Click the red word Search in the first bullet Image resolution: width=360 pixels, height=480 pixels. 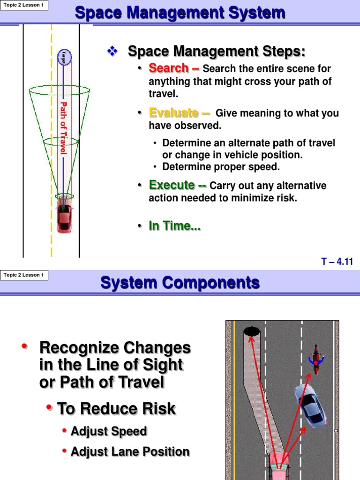(168, 68)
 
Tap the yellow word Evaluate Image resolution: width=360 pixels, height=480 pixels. (173, 113)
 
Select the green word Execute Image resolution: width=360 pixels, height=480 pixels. (172, 185)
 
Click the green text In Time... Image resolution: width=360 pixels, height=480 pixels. (174, 226)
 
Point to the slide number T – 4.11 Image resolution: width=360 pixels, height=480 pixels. (337, 262)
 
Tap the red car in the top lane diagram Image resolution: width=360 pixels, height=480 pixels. (64, 218)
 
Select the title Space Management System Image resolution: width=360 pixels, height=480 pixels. (180, 13)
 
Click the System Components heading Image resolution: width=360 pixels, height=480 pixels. (180, 283)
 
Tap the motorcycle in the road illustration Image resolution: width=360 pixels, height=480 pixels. (316, 360)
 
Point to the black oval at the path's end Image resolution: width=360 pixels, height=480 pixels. (252, 331)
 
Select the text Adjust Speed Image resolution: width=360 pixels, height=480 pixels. (109, 431)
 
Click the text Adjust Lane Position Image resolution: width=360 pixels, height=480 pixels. (130, 452)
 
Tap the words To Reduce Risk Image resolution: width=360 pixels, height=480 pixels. (116, 409)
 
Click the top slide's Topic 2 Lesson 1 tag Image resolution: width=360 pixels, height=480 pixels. (25, 5)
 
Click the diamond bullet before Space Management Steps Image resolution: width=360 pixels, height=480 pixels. (112, 51)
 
